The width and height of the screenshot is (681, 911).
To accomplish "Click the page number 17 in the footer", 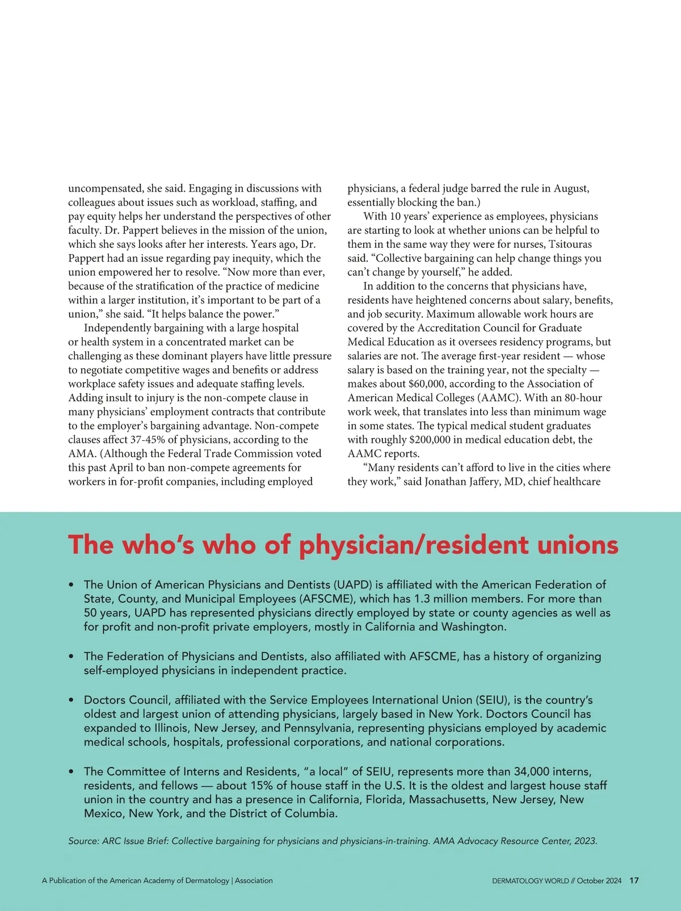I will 634,881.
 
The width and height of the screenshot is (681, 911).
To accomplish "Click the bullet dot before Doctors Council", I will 71,700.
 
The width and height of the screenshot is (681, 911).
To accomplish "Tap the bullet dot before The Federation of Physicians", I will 71,656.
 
